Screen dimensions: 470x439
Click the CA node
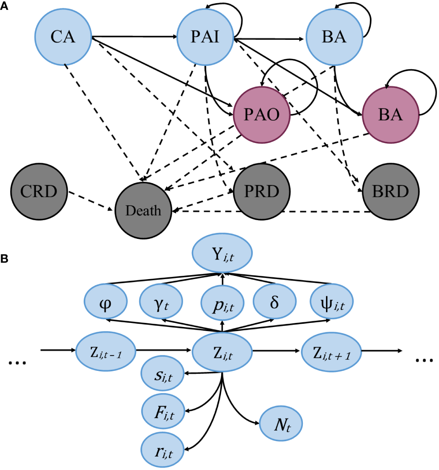point(63,37)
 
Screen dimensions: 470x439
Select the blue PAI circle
point(205,37)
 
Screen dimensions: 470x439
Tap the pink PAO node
point(262,115)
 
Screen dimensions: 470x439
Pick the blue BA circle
point(334,37)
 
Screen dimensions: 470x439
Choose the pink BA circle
point(391,115)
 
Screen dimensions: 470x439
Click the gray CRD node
point(39,191)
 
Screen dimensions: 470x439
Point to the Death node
point(143,210)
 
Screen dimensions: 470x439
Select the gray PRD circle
point(262,191)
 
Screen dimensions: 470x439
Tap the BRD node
point(391,191)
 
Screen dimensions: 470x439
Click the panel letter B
point(4,259)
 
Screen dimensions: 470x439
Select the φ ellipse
point(106,303)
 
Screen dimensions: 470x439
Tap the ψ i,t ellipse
point(332,303)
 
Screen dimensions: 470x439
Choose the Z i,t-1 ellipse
point(106,352)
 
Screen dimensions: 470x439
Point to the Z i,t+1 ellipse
point(331,352)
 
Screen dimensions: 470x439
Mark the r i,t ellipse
point(163,451)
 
